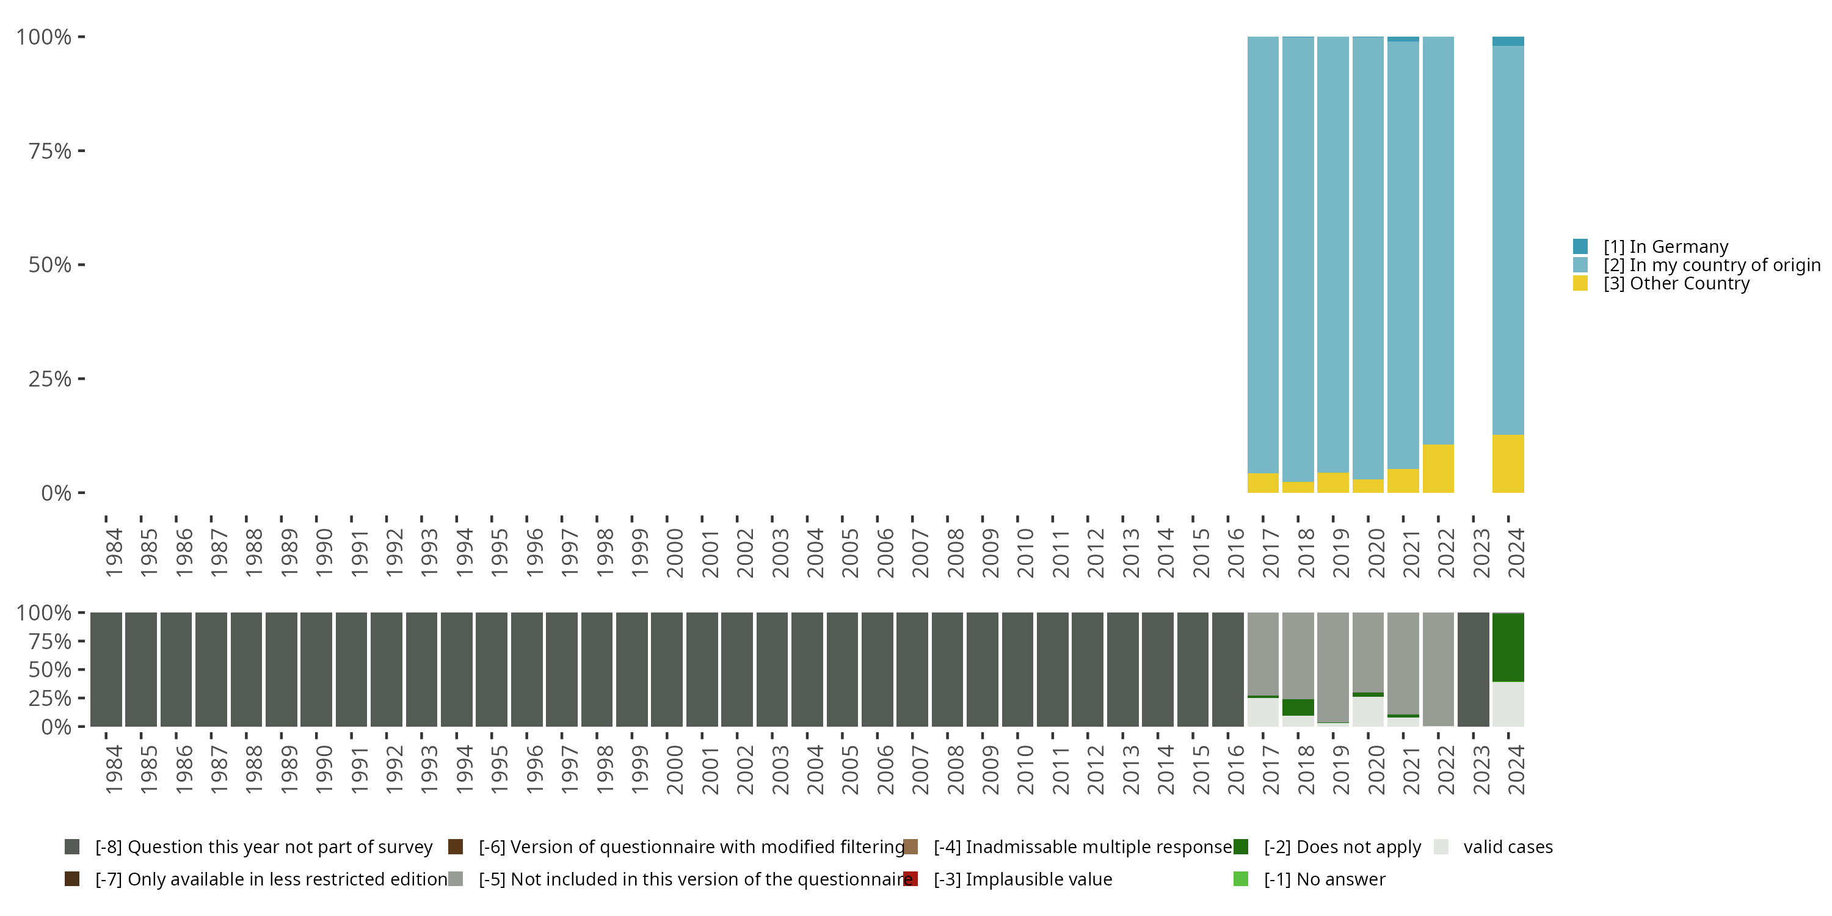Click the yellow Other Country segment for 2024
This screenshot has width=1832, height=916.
click(x=1508, y=463)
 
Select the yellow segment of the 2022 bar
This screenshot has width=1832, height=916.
click(x=1438, y=468)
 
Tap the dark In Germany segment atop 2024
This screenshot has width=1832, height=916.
click(x=1508, y=42)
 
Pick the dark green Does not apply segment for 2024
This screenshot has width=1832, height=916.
click(x=1508, y=647)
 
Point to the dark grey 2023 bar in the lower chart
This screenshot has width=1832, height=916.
click(x=1473, y=669)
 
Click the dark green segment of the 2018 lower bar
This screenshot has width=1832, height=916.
click(x=1298, y=707)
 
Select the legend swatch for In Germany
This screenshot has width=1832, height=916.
click(x=1580, y=247)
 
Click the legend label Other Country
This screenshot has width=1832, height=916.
click(x=1676, y=284)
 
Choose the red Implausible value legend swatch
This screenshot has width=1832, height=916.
click(x=911, y=879)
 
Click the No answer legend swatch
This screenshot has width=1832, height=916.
click(x=1241, y=879)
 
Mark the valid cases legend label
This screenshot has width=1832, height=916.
click(x=1508, y=847)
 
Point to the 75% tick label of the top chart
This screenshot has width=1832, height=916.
click(x=50, y=151)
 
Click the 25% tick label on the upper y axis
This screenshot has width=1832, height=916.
click(x=50, y=379)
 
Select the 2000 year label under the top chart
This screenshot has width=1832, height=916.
click(x=674, y=553)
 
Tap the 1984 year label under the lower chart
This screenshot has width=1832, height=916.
click(x=114, y=769)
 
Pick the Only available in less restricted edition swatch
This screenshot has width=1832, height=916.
click(x=72, y=879)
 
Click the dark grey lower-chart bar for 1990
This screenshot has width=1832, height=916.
click(x=316, y=669)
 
